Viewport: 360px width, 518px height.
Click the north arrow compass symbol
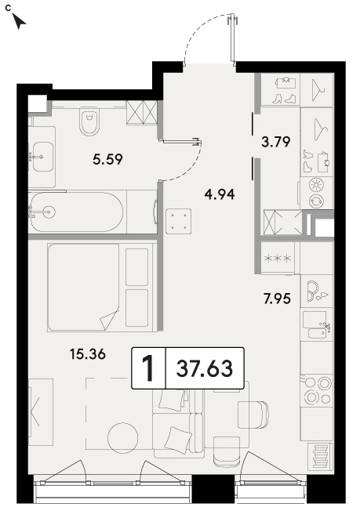pos(20,22)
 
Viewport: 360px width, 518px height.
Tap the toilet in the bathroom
pos(89,122)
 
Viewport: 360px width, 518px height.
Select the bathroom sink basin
pos(43,157)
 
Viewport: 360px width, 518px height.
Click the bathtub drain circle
pos(49,212)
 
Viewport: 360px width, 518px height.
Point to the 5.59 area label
pos(107,160)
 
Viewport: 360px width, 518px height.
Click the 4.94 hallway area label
pos(220,194)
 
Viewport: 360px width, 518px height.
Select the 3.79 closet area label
pos(276,142)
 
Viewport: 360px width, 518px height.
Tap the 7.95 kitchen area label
pos(277,299)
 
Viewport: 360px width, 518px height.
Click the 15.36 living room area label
pos(88,354)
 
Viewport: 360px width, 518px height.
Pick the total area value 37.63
pos(205,368)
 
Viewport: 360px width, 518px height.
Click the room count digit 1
pos(148,368)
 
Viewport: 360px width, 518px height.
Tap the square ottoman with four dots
pos(179,221)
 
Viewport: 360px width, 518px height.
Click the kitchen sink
pos(317,325)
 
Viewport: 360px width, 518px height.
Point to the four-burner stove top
pos(317,390)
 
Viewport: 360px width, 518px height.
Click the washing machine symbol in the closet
pos(317,193)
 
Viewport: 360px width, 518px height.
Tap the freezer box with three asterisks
pos(278,258)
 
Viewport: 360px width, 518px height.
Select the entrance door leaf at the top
pos(233,38)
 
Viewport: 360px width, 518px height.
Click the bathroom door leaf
pos(180,142)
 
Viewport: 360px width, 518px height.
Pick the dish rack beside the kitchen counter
pos(320,456)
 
